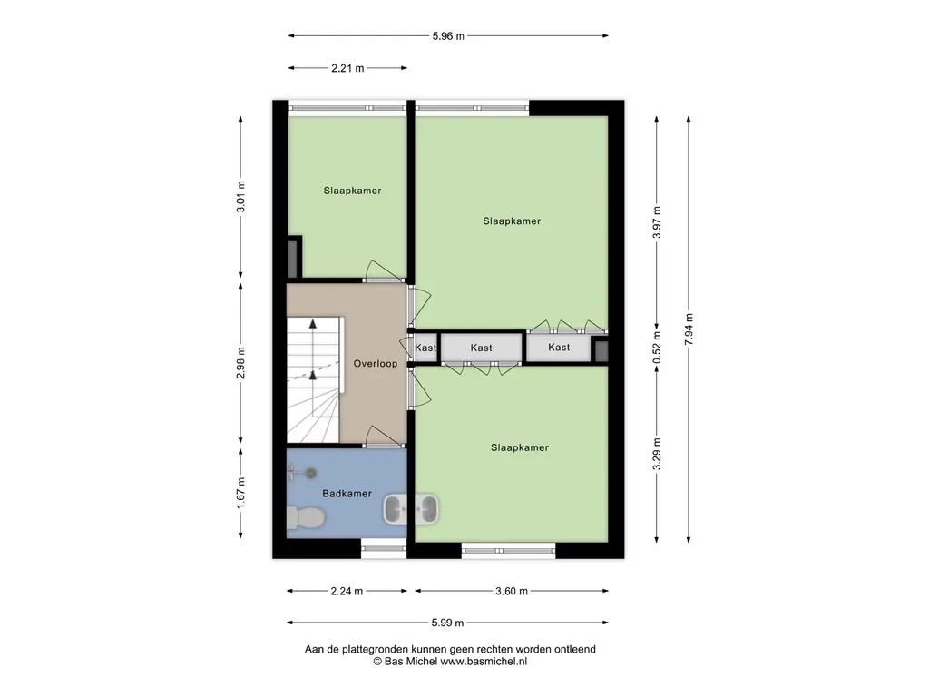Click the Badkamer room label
pos(347,493)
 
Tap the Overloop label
pos(375,364)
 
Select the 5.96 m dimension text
pos(448,36)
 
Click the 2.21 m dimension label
pos(347,68)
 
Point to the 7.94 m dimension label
pos(689,329)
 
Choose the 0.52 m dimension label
pos(657,348)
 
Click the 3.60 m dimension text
pos(512,591)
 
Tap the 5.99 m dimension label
pos(447,623)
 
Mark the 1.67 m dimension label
pos(240,493)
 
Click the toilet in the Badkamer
pos(305,518)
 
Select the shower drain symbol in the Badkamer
pos(310,472)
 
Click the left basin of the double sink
pos(396,509)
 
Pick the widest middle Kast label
pos(481,348)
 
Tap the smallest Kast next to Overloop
pos(425,348)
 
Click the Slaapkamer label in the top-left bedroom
pos(352,191)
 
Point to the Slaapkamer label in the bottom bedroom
pos(520,447)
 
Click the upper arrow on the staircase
pos(313,324)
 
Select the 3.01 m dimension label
pos(240,197)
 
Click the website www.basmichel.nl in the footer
pos(484,662)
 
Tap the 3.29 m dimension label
pos(657,454)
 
